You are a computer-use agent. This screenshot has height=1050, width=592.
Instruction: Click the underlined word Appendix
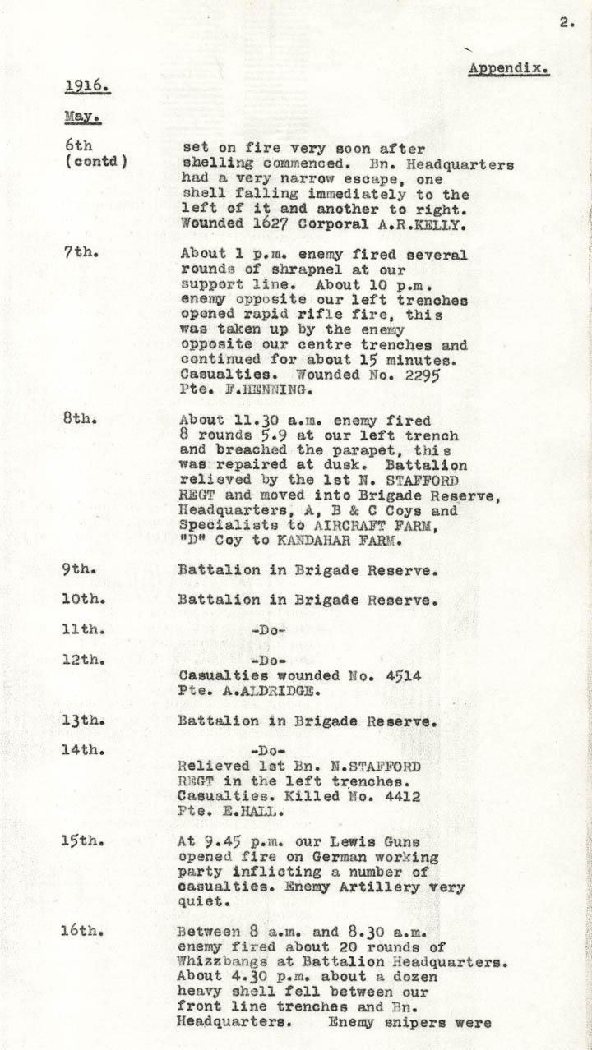click(508, 69)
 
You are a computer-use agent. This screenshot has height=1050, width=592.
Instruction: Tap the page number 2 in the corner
click(567, 23)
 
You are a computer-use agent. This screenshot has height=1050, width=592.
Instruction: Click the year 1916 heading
click(88, 85)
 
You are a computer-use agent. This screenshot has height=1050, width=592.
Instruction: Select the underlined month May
click(82, 117)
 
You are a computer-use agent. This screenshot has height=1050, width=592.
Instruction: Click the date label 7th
click(80, 253)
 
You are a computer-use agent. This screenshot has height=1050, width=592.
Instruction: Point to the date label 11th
click(83, 630)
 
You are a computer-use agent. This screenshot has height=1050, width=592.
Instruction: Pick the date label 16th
click(83, 931)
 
